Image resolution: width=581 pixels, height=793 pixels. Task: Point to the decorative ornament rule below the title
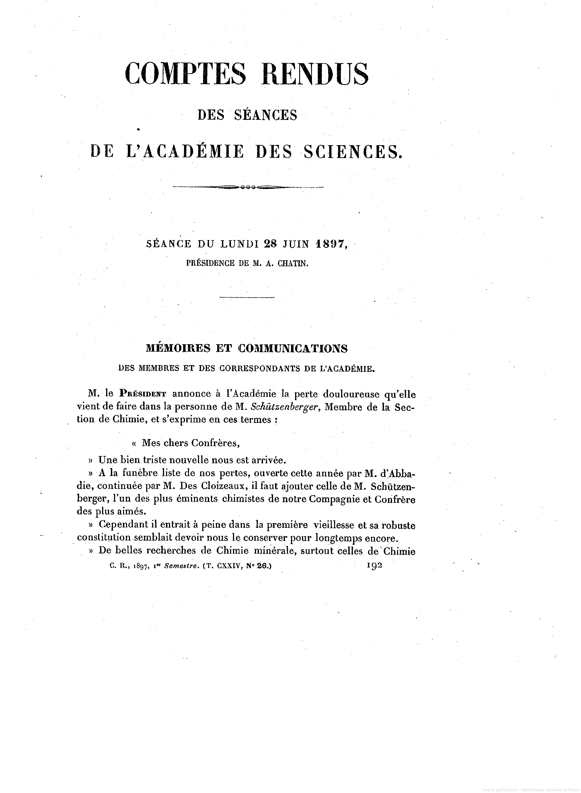point(248,187)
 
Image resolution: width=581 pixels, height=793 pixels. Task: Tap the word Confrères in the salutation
point(215,443)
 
